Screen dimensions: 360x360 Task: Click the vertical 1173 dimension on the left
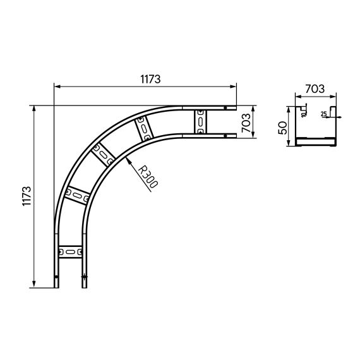(26, 196)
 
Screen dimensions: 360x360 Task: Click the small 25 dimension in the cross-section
(323, 114)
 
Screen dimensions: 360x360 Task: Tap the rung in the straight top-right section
(201, 121)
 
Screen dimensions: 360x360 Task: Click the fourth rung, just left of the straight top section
(145, 129)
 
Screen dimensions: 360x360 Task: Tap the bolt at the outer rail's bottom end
(56, 277)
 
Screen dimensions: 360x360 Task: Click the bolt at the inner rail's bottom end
(84, 277)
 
